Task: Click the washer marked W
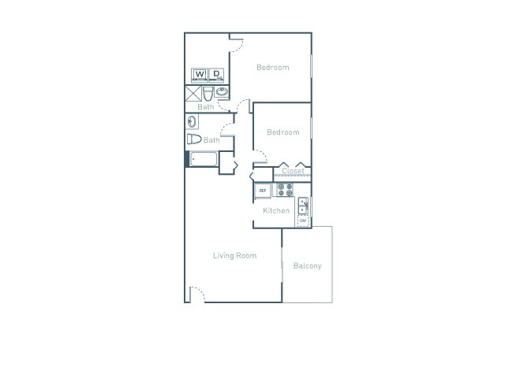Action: pyautogui.click(x=199, y=76)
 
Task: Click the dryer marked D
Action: pyautogui.click(x=216, y=76)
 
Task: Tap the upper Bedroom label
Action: pyautogui.click(x=272, y=68)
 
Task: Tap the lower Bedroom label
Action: pyautogui.click(x=282, y=132)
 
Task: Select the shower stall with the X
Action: pyautogui.click(x=193, y=94)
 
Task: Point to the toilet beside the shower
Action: pyautogui.click(x=208, y=94)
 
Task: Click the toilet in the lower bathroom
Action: pyautogui.click(x=194, y=139)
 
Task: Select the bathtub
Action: pyautogui.click(x=204, y=159)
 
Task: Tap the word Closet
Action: pyautogui.click(x=293, y=171)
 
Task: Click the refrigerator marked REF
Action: pyautogui.click(x=262, y=191)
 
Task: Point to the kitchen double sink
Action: pyautogui.click(x=303, y=206)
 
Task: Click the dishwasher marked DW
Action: pyautogui.click(x=303, y=221)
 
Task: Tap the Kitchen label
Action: pyautogui.click(x=275, y=211)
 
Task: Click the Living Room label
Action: pyautogui.click(x=234, y=256)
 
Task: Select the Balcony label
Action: pyautogui.click(x=307, y=266)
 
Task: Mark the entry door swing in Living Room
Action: pyautogui.click(x=198, y=293)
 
